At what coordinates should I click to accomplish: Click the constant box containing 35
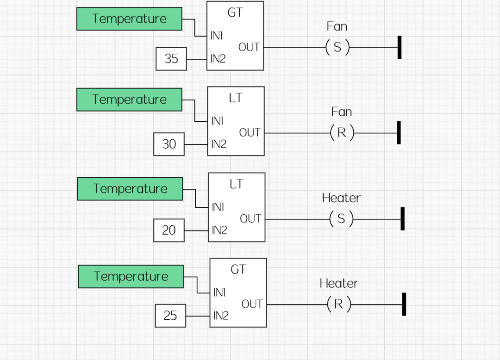pyautogui.click(x=171, y=59)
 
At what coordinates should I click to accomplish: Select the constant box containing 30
pyautogui.click(x=169, y=144)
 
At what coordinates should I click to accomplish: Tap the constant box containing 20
pyautogui.click(x=169, y=230)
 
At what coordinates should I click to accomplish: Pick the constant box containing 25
pyautogui.click(x=170, y=316)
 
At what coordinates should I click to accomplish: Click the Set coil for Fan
pyautogui.click(x=337, y=47)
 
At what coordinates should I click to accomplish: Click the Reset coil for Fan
pyautogui.click(x=342, y=133)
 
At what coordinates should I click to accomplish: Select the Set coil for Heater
pyautogui.click(x=341, y=218)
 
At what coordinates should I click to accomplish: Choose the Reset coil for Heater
pyautogui.click(x=339, y=304)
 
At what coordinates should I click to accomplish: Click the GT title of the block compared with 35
pyautogui.click(x=235, y=13)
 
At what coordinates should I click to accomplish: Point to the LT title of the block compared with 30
pyautogui.click(x=236, y=98)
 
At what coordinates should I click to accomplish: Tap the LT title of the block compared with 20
pyautogui.click(x=236, y=184)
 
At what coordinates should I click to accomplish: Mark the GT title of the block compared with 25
pyautogui.click(x=238, y=269)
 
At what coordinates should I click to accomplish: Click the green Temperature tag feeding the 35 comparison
pyautogui.click(x=129, y=19)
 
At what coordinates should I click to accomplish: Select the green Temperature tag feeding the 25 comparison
pyautogui.click(x=131, y=276)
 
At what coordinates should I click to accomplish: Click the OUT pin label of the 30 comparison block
pyautogui.click(x=250, y=133)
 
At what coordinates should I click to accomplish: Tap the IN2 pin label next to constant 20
pyautogui.click(x=219, y=230)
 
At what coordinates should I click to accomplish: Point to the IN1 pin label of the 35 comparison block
pyautogui.click(x=217, y=36)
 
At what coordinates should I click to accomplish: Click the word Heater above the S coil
pyautogui.click(x=341, y=198)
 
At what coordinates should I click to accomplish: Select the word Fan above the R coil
pyautogui.click(x=342, y=112)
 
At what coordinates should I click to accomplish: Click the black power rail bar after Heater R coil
pyautogui.click(x=404, y=304)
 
